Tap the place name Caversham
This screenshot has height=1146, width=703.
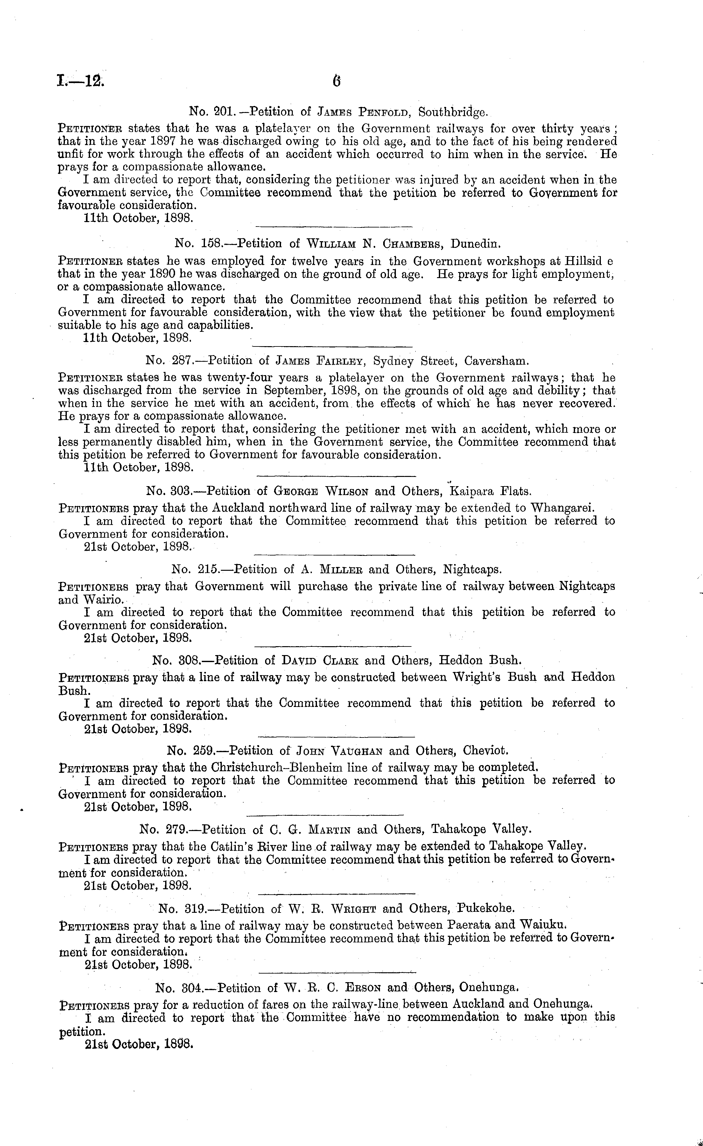click(x=496, y=361)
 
